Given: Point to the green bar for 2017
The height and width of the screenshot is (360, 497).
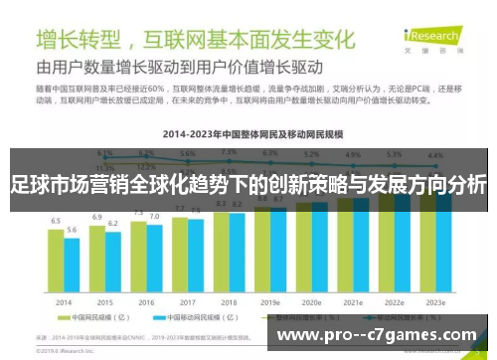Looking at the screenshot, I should tap(180, 252).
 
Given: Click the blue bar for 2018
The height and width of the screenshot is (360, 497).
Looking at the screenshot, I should tap(237, 250).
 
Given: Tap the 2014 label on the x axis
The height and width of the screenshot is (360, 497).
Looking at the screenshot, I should tap(64, 301).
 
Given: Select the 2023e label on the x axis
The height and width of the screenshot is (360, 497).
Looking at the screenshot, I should tap(433, 301).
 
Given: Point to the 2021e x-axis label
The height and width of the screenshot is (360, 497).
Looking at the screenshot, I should tap(352, 301).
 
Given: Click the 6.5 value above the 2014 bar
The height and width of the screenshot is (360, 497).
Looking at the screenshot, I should tap(56, 220).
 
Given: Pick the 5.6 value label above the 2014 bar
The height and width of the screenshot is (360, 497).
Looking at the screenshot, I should tap(72, 230).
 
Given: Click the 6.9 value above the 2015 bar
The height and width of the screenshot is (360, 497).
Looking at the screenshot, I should tap(97, 216).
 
